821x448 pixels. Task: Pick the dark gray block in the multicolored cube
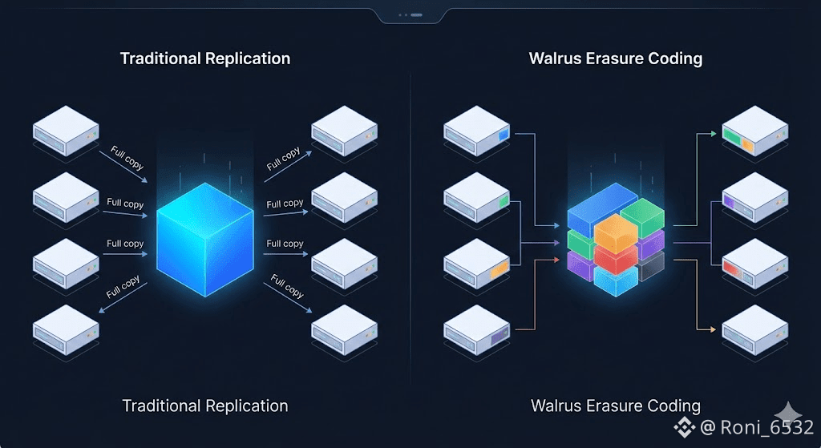653,264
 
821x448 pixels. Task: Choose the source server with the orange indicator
477,262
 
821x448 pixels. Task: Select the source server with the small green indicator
477,198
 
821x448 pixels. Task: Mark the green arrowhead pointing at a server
714,134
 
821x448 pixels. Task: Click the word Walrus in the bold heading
554,59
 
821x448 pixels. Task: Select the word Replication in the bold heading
248,59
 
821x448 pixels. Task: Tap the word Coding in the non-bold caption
673,406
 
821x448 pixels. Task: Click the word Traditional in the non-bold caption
161,406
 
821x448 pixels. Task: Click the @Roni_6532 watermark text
757,427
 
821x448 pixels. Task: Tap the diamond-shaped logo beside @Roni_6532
684,427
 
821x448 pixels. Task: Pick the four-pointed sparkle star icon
795,411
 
